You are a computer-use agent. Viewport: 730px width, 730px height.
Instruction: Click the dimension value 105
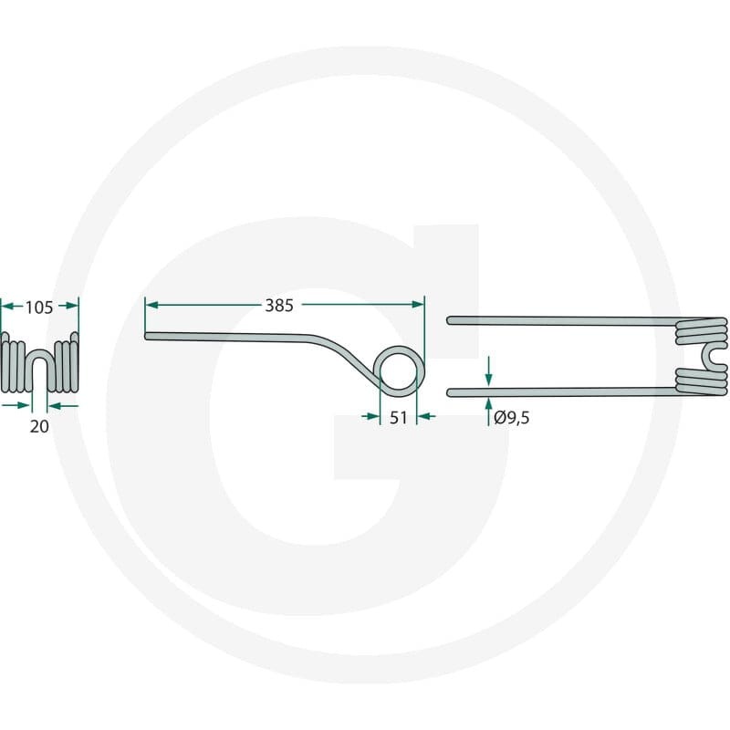(x=39, y=308)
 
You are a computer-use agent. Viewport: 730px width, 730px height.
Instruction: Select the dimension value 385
(x=279, y=306)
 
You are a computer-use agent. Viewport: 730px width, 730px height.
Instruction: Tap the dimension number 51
(x=399, y=418)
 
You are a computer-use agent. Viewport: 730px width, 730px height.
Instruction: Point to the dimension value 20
(x=39, y=426)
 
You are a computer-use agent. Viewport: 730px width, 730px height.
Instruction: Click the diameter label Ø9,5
(x=512, y=418)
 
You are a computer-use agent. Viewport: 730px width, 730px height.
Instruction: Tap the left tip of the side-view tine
(x=147, y=336)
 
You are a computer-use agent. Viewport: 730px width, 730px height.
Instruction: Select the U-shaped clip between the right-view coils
(x=704, y=356)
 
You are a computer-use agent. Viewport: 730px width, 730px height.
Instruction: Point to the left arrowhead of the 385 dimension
(x=151, y=305)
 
